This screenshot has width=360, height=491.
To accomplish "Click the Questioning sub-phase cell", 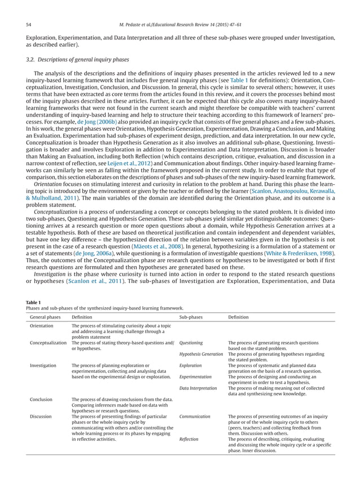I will [x=191, y=342].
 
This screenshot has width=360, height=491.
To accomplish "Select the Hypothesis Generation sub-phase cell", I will [x=200, y=354].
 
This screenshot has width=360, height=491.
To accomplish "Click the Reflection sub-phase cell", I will [x=188, y=440].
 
